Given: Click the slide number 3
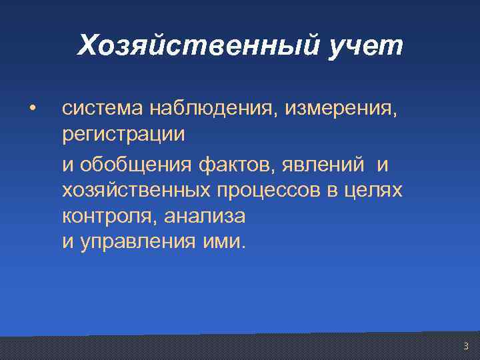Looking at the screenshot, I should (465, 346).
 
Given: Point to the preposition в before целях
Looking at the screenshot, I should (331, 191).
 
